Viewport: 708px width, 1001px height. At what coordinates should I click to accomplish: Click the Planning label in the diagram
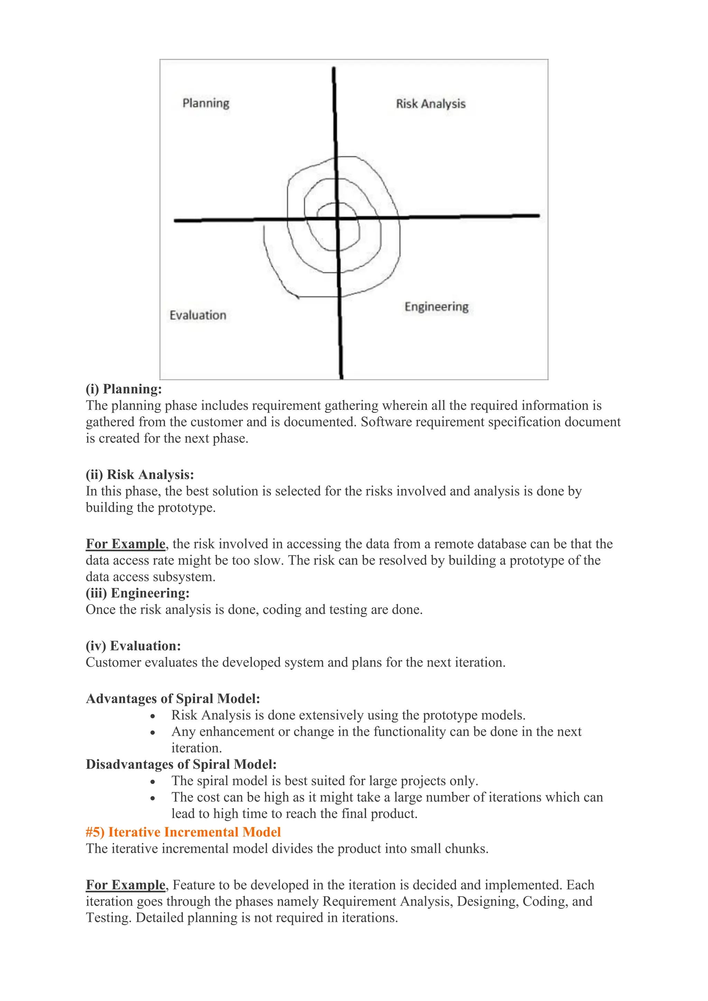[206, 103]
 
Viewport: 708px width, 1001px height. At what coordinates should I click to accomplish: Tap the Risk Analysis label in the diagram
[430, 104]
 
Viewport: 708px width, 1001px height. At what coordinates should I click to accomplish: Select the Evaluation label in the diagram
[198, 315]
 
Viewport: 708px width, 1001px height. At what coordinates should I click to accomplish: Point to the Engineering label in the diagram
[436, 307]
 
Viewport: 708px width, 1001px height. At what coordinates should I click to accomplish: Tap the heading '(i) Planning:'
[124, 389]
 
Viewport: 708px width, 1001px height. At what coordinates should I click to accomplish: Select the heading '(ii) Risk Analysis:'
[140, 474]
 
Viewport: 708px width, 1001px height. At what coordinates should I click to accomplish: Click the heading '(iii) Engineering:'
[138, 593]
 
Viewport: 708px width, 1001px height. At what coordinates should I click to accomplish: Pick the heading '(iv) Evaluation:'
[133, 646]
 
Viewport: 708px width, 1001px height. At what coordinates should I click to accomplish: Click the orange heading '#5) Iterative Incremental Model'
[183, 832]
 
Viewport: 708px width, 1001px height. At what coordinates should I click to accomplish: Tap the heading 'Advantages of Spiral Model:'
[173, 699]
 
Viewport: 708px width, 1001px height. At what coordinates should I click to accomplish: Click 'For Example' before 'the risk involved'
[125, 544]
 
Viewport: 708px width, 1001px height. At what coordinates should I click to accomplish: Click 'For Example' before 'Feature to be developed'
[125, 885]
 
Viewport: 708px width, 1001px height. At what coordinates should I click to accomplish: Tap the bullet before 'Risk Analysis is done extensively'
[152, 716]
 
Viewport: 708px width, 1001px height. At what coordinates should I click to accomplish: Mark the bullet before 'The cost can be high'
[152, 798]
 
